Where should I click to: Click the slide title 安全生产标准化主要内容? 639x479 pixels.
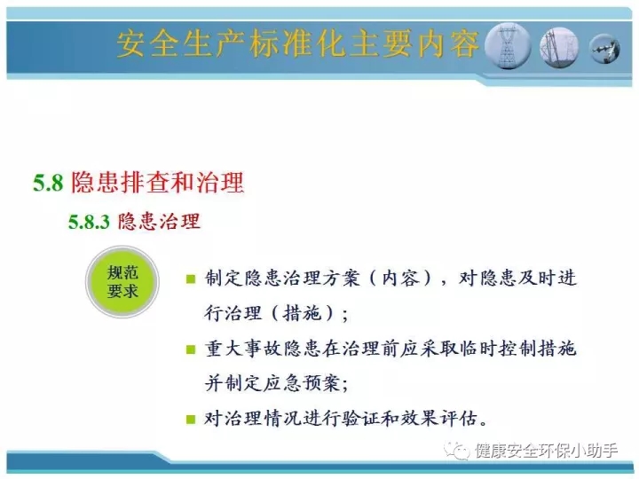[297, 43]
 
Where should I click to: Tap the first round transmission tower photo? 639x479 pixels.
[508, 45]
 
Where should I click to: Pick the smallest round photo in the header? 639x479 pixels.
[605, 49]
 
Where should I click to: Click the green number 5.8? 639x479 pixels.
[48, 183]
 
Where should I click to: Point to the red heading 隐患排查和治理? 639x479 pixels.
[157, 182]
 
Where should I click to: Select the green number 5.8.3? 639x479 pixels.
[89, 222]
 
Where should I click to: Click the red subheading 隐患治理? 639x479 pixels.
[159, 222]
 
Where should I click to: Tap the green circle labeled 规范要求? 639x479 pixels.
[122, 282]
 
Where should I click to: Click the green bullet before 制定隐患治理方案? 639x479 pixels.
[190, 279]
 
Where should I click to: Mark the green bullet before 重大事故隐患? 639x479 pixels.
[190, 349]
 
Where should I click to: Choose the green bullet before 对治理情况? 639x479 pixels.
[190, 419]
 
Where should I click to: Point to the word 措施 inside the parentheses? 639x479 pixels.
[302, 313]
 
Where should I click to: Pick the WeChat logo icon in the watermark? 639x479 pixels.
[456, 451]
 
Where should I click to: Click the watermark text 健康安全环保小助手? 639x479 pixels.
[547, 451]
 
